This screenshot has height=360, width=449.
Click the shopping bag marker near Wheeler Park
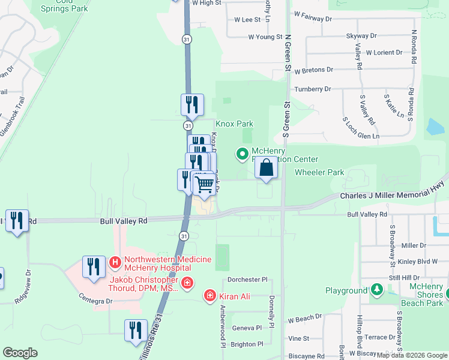(267, 168)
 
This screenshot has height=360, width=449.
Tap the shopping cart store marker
(205, 185)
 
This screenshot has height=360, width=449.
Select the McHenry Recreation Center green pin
(243, 154)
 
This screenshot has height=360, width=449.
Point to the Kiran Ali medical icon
(209, 295)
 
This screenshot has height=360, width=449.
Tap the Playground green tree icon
(376, 290)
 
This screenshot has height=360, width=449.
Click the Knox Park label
(234, 124)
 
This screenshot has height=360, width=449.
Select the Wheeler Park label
(319, 172)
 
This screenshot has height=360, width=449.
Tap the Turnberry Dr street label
(312, 89)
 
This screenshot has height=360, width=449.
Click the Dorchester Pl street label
(247, 280)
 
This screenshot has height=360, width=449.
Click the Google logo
(20, 352)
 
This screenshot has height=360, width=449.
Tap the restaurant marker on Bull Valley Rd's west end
(17, 221)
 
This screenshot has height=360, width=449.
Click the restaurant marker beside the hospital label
(93, 266)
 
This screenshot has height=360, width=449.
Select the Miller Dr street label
(414, 245)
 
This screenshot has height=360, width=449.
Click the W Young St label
(265, 37)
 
